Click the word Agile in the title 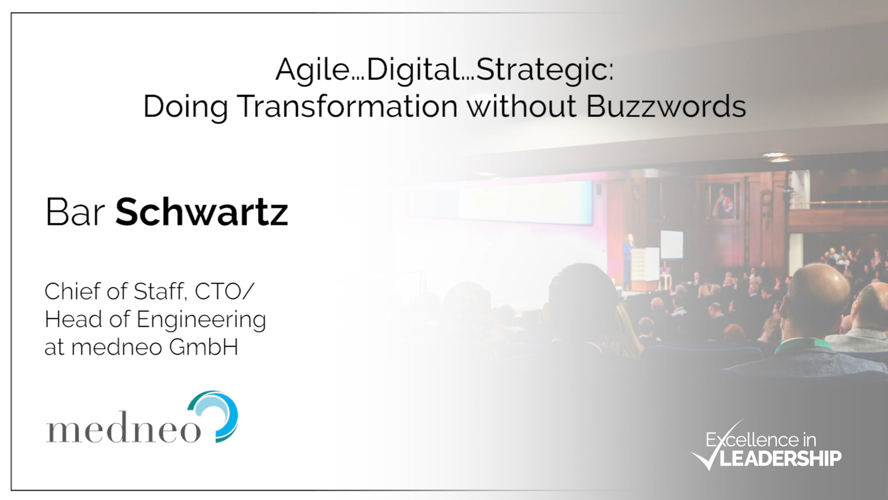313,70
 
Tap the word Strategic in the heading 542,70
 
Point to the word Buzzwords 666,106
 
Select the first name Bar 75,212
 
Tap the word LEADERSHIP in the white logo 781,459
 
